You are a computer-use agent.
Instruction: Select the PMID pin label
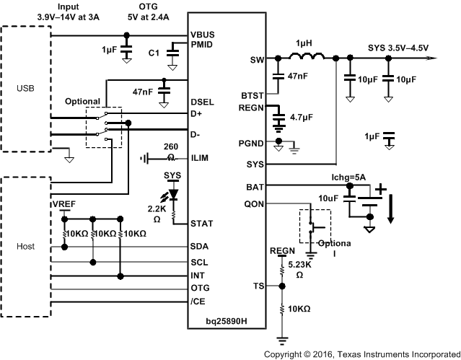click(x=203, y=45)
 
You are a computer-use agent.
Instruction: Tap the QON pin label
click(x=255, y=203)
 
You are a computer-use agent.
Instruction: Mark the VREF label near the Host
click(x=63, y=205)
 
